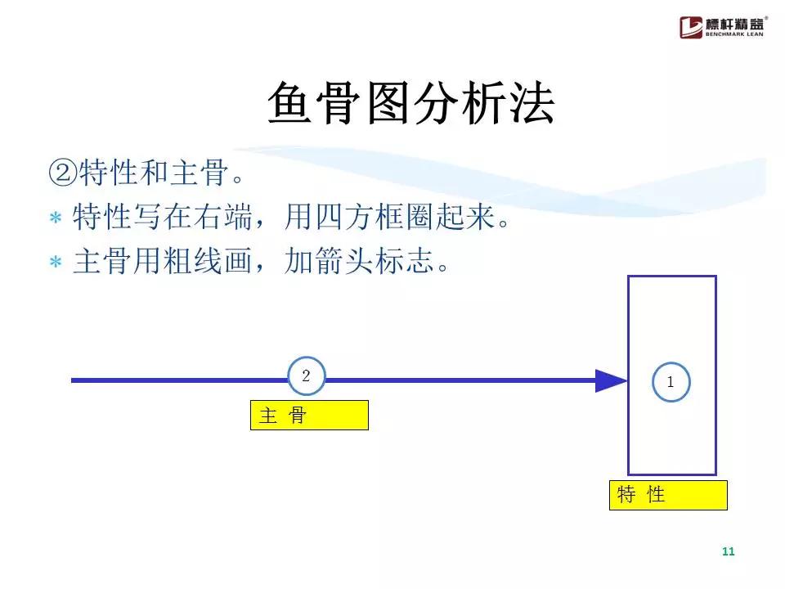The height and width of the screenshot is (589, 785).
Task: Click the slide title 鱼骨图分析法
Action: pos(411,104)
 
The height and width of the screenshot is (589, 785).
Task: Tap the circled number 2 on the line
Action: pos(307,377)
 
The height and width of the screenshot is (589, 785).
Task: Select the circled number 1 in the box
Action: pos(671,382)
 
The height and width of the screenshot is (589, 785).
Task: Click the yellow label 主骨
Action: pos(309,416)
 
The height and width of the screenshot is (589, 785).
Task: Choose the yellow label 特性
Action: pos(668,495)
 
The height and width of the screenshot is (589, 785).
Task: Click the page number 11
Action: pos(729,551)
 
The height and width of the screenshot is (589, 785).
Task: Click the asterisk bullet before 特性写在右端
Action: pos(56,218)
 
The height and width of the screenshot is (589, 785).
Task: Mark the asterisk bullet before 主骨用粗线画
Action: pos(56,263)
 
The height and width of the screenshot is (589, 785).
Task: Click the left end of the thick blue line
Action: pos(74,380)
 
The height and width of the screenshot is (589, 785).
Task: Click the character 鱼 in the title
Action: pos(291,104)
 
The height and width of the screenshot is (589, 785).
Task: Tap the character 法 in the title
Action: pos(532,104)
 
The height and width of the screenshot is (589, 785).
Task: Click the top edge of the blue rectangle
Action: pos(671,277)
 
